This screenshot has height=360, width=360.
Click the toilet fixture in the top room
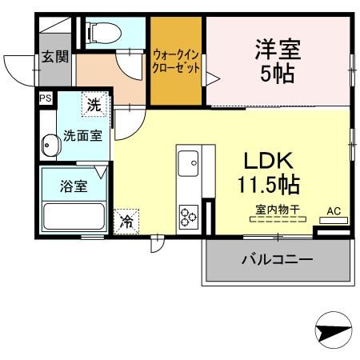pyautogui.click(x=102, y=33)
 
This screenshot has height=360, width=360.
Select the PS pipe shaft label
pyautogui.click(x=45, y=98)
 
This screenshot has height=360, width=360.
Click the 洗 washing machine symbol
pyautogui.click(x=94, y=105)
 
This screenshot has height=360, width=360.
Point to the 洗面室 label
pyautogui.click(x=82, y=135)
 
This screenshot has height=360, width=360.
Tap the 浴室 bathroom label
pyautogui.click(x=74, y=186)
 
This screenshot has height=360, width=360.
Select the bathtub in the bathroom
pyautogui.click(x=74, y=217)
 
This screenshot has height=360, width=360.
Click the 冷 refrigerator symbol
pyautogui.click(x=126, y=222)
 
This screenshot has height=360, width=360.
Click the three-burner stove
pyautogui.click(x=189, y=216)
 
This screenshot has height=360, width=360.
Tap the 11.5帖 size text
pyautogui.click(x=267, y=186)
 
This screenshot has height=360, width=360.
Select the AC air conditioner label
pyautogui.click(x=334, y=211)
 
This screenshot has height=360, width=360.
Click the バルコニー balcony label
pyautogui.click(x=277, y=259)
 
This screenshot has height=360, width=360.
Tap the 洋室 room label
pyautogui.click(x=277, y=49)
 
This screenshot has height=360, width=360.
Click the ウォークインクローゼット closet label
pyautogui.click(x=176, y=61)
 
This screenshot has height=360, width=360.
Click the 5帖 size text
pyautogui.click(x=277, y=74)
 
